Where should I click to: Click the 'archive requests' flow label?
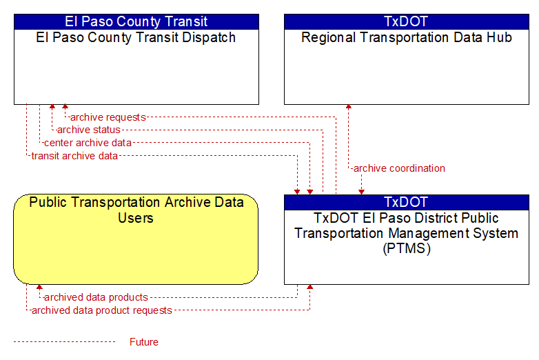pos(108,117)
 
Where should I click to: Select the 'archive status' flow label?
pos(89,130)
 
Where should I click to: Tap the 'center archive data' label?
pos(88,143)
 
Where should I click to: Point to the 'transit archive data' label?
pos(74,156)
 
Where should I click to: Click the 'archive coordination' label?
pos(399,168)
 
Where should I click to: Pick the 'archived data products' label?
pos(96,297)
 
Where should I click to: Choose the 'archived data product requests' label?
pos(102,310)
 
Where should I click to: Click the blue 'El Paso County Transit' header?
pos(136,21)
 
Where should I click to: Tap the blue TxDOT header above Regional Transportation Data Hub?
pos(407,21)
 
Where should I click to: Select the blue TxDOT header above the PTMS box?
pos(407,202)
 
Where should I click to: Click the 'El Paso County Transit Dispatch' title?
pos(136,37)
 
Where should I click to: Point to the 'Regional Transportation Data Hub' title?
pos(407,37)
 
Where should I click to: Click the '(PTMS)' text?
pos(407,248)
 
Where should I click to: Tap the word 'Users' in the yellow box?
pos(136,218)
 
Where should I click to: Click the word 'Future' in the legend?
pos(144,342)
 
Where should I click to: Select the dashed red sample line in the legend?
pos(64,342)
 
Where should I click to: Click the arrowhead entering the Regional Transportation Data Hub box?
pos(349,107)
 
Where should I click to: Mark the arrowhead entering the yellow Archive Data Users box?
pos(39,287)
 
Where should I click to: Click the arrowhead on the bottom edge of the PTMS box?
pos(309,287)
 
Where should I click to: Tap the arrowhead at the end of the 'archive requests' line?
pos(65,107)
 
